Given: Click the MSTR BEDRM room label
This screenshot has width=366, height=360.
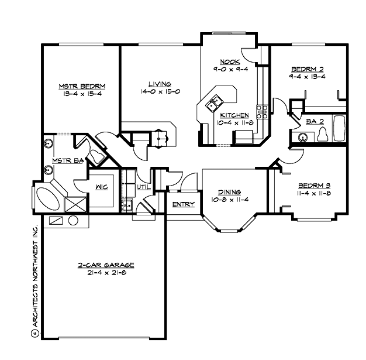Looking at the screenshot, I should tap(81, 86).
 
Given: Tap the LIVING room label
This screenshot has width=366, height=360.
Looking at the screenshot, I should tap(156, 84).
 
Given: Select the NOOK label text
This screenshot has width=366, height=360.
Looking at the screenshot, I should tap(228, 61).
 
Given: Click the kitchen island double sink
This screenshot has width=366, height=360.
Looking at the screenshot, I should tap(215, 102).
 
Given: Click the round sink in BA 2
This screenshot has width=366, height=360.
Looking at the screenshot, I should tap(302, 138).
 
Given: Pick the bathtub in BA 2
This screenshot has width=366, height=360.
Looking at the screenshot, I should tap(339, 128).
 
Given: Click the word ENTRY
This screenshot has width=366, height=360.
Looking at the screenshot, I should tap(183, 204).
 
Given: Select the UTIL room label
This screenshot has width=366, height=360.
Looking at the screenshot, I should tap(143, 187).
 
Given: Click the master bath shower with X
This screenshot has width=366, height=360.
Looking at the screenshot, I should tap(75, 205).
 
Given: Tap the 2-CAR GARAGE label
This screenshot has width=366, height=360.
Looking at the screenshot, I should tap(102, 265).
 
